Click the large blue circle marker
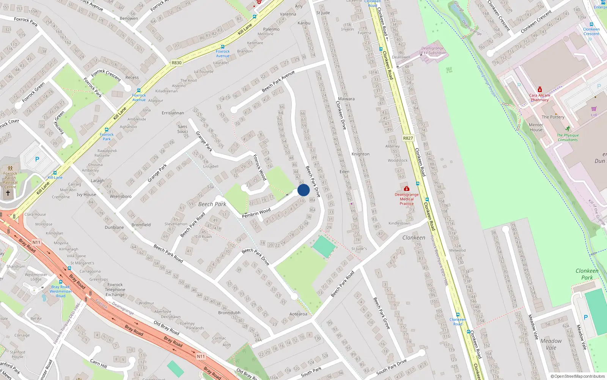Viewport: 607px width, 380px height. [303, 190]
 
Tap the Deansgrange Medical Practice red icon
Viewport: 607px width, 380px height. [407, 188]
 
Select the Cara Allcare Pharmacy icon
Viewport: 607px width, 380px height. [539, 90]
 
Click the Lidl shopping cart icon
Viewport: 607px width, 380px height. [594, 109]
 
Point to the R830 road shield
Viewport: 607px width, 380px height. [176, 63]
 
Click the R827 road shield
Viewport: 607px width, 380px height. [408, 138]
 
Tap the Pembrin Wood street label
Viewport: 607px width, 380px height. [256, 213]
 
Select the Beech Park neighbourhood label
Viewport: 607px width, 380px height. [212, 204]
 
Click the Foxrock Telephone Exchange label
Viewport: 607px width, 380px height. [115, 290]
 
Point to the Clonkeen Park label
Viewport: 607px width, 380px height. [587, 274]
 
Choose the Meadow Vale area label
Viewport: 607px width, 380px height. [551, 344]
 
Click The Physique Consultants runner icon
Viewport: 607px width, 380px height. [568, 129]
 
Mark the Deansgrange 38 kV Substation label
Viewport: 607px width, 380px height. [432, 51]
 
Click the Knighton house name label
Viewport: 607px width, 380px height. [360, 154]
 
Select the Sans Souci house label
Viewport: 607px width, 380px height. [182, 129]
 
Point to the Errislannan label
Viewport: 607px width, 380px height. [173, 113]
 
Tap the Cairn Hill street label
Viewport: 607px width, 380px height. [99, 363]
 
